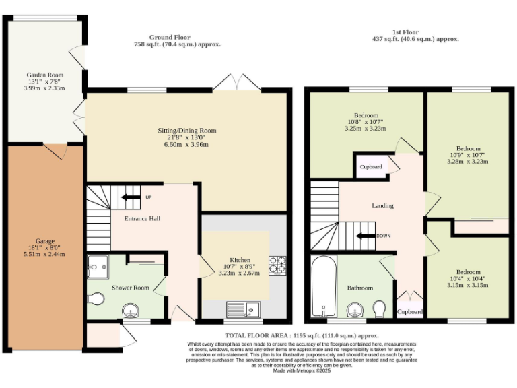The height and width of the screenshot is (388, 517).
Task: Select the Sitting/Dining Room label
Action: tap(182, 131)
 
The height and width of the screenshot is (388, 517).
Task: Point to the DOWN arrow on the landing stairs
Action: tap(368, 236)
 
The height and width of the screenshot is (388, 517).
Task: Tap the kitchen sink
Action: tap(244, 309)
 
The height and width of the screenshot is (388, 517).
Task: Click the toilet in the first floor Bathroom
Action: tap(380, 309)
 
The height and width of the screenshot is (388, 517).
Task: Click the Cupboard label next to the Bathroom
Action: tap(410, 312)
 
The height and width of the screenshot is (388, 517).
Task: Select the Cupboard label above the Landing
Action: tap(370, 166)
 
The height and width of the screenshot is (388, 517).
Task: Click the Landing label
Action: tap(382, 206)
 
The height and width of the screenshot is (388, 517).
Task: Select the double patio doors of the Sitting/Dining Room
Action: tap(236, 83)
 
